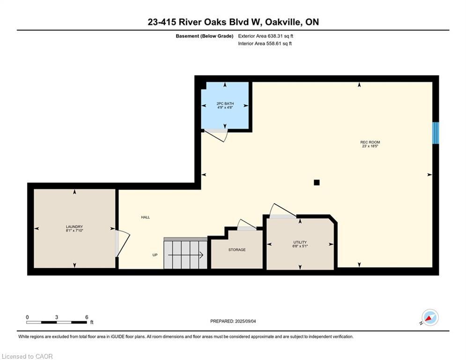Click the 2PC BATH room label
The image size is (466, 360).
tap(225, 104)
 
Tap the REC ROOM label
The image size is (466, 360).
tap(370, 142)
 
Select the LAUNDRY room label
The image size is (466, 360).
tap(74, 227)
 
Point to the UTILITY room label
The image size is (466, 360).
tap(300, 242)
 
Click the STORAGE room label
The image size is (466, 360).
tap(237, 250)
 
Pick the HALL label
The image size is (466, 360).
tap(145, 217)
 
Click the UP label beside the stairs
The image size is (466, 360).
tap(155, 255)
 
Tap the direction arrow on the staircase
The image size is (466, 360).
tap(185, 255)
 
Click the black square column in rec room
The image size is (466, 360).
tap(317, 182)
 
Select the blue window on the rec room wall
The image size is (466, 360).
tap(436, 133)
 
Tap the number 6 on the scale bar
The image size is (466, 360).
tap(87, 317)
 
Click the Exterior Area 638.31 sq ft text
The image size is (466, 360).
tap(266, 36)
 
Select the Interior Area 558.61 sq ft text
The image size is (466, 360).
tap(265, 44)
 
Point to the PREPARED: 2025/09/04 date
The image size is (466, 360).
tap(233, 321)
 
